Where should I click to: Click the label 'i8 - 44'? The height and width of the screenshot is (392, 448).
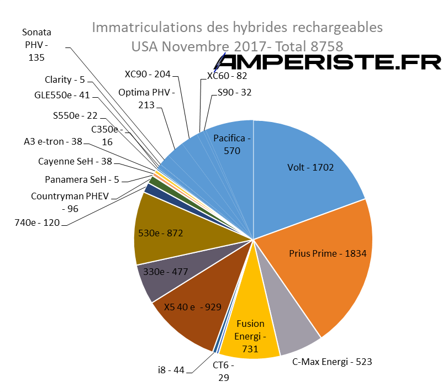pyautogui.click(x=171, y=370)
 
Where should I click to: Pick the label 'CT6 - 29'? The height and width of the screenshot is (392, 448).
pyautogui.click(x=224, y=372)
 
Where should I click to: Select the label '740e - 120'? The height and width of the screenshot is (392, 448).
pyautogui.click(x=38, y=223)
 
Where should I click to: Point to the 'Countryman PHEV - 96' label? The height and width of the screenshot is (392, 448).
pyautogui.click(x=70, y=202)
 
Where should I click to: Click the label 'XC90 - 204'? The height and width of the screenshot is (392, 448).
pyautogui.click(x=147, y=74)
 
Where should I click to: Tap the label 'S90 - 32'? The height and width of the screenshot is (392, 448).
pyautogui.click(x=234, y=92)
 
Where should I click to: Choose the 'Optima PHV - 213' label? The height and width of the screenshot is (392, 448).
pyautogui.click(x=146, y=98)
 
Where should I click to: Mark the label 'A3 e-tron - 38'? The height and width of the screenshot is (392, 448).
pyautogui.click(x=52, y=142)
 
